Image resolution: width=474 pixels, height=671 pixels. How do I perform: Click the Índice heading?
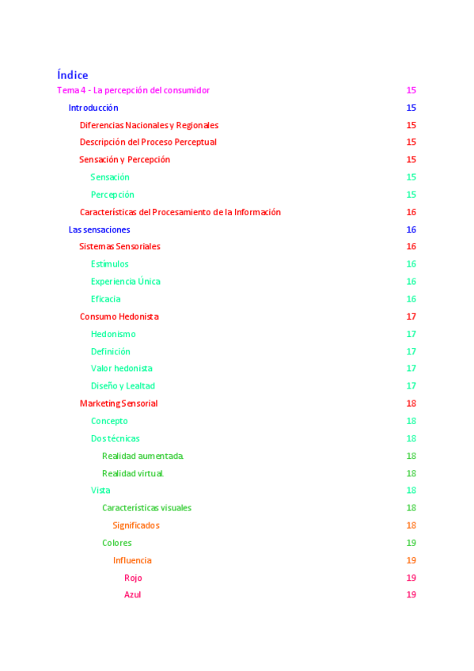(72, 75)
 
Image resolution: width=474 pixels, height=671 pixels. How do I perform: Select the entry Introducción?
(93, 108)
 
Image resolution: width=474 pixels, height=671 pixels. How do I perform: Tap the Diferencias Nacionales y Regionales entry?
(149, 125)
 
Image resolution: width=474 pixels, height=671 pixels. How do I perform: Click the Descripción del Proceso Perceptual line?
(148, 142)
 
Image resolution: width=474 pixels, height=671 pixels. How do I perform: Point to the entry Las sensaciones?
(99, 229)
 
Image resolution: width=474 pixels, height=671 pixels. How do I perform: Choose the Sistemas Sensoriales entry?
(119, 247)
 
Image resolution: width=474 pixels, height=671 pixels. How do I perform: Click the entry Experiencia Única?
(126, 282)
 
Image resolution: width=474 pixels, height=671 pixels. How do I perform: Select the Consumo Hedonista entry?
(119, 317)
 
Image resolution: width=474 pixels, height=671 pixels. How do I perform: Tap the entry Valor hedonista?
(122, 369)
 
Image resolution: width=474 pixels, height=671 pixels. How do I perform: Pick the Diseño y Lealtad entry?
(123, 386)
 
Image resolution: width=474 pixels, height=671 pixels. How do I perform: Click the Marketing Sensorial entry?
(119, 404)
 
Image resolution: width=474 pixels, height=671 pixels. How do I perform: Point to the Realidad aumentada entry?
(143, 456)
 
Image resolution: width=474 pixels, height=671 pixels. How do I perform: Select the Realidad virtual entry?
(133, 473)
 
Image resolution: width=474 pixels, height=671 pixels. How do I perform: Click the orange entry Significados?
(136, 525)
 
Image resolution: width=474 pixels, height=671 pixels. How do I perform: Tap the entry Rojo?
(133, 578)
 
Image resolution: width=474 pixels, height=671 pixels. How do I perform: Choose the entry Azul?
(133, 595)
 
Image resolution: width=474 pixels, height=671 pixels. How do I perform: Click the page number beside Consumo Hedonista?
(411, 317)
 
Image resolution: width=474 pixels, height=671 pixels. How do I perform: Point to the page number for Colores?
(411, 543)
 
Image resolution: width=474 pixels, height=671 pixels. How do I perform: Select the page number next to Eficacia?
(411, 299)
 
